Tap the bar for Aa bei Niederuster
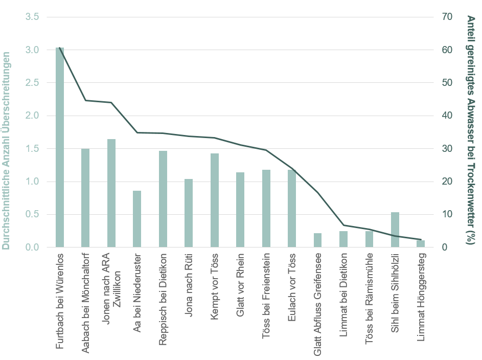137,219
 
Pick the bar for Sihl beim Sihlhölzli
395,230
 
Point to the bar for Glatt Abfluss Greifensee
317,240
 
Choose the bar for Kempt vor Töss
215,200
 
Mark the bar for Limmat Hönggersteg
421,244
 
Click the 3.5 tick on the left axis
32,17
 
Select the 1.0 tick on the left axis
32,182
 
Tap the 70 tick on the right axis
447,17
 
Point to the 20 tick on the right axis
447,182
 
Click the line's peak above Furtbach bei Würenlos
60,48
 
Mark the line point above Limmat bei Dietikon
343,226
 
